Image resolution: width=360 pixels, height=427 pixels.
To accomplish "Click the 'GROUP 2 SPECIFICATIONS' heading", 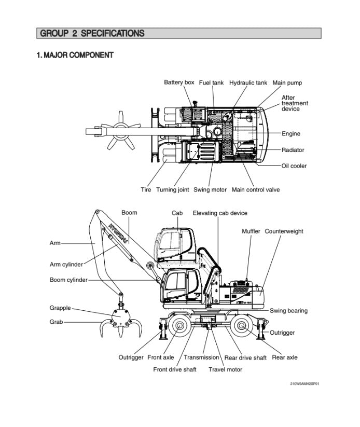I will point(91,34).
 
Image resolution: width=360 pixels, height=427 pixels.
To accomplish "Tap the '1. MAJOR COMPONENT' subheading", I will point(75,55).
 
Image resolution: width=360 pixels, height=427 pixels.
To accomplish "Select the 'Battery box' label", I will point(179,82).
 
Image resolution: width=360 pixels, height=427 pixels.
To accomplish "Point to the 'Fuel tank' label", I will point(211,83).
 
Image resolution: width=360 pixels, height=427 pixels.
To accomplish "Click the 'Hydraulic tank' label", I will point(248,83).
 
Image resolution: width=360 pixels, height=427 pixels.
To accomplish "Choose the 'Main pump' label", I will point(287,83).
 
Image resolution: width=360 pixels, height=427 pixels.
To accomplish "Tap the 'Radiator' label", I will point(293,150).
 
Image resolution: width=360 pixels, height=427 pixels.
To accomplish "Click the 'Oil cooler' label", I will point(294,166).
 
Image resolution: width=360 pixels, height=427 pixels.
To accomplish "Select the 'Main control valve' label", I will point(255,190).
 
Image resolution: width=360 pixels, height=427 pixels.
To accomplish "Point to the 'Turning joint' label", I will point(172,190).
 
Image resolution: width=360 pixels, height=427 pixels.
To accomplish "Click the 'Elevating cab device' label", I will point(220,213).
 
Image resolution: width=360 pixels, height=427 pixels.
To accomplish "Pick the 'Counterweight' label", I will point(284,231).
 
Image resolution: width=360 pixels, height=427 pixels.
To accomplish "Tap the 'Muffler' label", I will point(251,231).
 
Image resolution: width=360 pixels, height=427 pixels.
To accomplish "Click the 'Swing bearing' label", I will point(288,311).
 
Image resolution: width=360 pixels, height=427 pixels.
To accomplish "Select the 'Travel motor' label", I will point(225,369).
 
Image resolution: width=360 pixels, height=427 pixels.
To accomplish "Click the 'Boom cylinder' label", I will point(68,280).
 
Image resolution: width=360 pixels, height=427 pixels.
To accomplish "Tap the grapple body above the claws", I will point(121,314).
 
